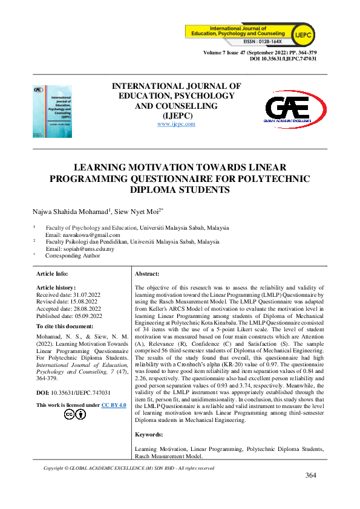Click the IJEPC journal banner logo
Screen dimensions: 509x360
[256, 34]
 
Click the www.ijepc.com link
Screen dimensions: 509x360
[176, 123]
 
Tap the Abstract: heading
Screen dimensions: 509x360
[147, 274]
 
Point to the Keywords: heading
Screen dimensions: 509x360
[148, 434]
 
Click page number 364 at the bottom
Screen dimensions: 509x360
[311, 475]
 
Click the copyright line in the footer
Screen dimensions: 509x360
[129, 468]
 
